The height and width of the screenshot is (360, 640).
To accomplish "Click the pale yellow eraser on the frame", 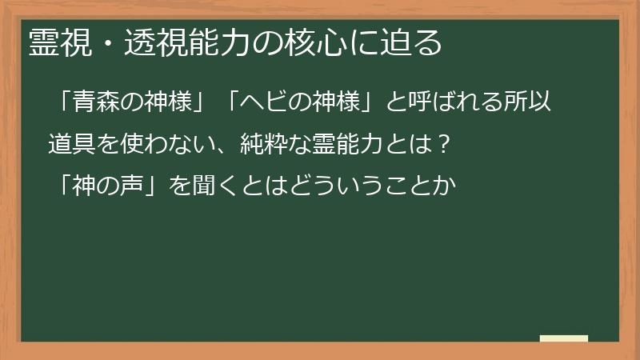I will click(563, 338).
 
